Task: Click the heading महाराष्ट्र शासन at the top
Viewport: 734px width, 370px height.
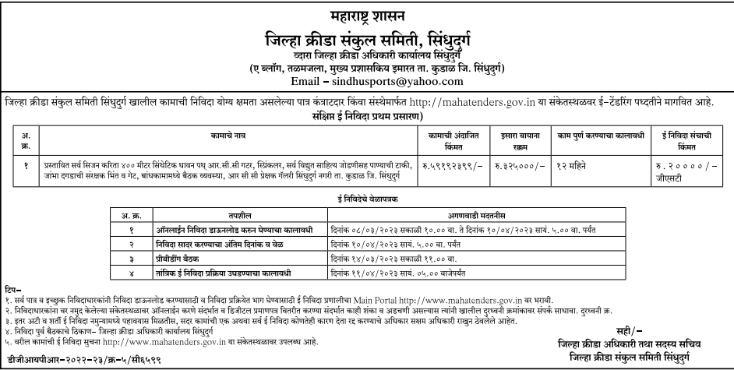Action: pos(366,14)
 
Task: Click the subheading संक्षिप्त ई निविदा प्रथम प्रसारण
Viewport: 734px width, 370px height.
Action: pos(366,115)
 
